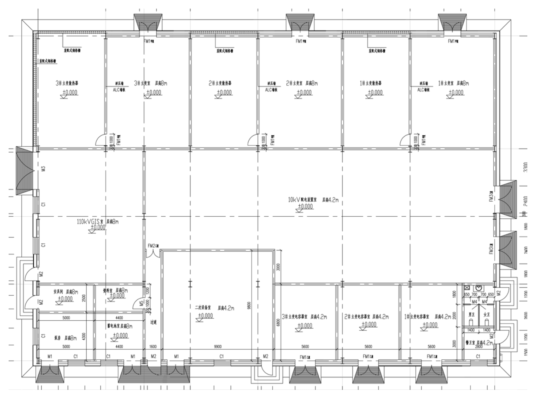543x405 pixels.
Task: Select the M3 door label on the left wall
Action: pyautogui.click(x=44, y=169)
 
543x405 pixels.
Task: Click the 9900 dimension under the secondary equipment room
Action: pyautogui.click(x=218, y=346)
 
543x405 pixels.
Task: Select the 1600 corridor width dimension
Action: pyautogui.click(x=153, y=346)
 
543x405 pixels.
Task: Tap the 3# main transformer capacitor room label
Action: pyautogui.click(x=304, y=317)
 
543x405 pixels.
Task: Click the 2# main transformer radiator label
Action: pyautogui.click(x=220, y=83)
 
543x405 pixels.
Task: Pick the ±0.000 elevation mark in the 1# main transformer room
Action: pyautogui.click(x=456, y=92)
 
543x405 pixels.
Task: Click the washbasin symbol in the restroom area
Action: pyautogui.click(x=479, y=288)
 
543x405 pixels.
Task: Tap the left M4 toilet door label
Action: pyautogui.click(x=474, y=302)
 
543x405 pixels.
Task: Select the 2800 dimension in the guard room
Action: pyautogui.click(x=478, y=346)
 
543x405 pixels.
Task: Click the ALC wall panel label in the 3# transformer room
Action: pyautogui.click(x=119, y=89)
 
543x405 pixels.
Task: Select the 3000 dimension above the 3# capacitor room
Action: pyautogui.click(x=278, y=267)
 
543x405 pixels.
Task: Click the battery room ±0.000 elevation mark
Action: pyautogui.click(x=120, y=335)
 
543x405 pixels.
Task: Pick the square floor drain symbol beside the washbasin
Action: pyautogui.click(x=468, y=288)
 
